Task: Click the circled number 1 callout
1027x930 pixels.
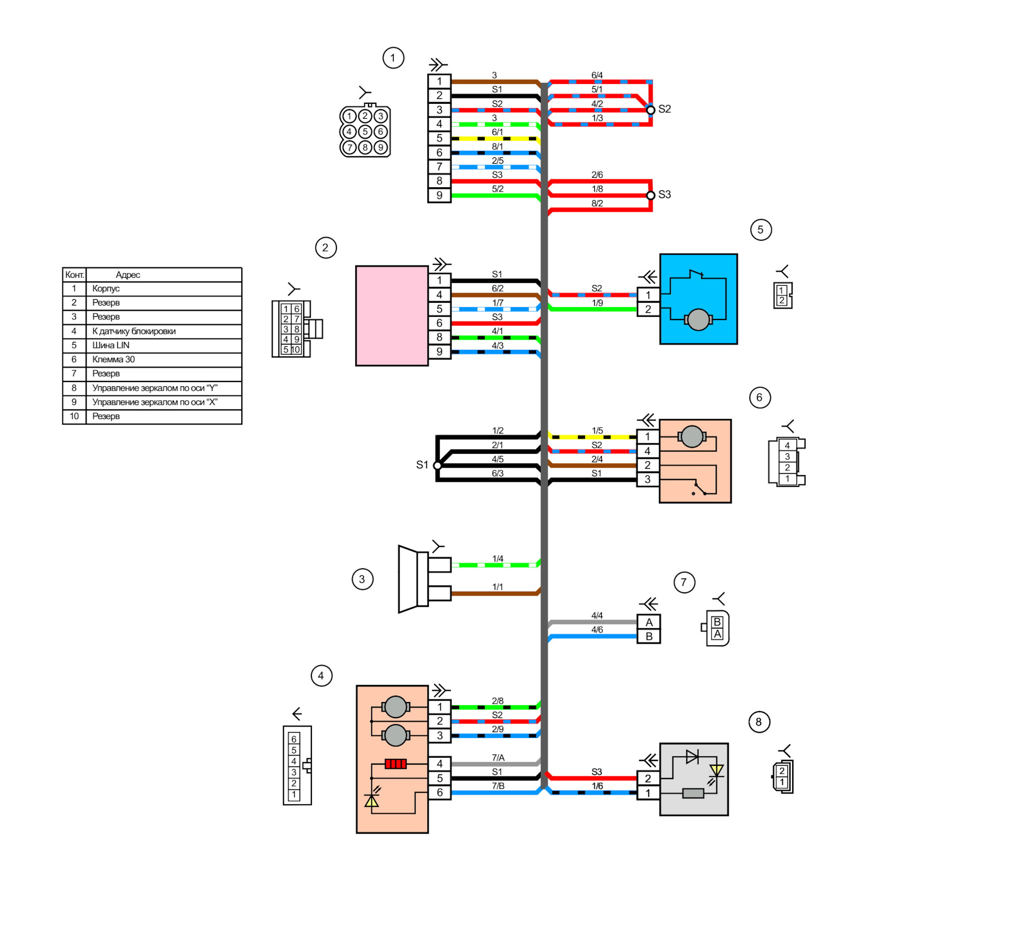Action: pos(393,58)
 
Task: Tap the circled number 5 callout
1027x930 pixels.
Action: pos(761,230)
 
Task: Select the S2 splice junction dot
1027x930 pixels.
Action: pos(650,110)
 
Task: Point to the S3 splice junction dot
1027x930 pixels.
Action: pos(650,195)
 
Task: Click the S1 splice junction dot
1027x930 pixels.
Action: pos(438,466)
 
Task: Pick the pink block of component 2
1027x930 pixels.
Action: pos(392,316)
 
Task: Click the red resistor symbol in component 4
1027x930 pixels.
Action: pos(396,764)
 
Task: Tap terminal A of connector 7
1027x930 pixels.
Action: pos(649,622)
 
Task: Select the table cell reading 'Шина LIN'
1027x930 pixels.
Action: pos(164,345)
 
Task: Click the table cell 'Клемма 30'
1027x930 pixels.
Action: pos(164,360)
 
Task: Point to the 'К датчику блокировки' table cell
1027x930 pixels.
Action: pos(164,331)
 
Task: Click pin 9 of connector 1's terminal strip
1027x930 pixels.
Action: pos(439,195)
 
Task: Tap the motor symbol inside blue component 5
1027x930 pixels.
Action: pos(698,320)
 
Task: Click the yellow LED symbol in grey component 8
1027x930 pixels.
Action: pos(716,771)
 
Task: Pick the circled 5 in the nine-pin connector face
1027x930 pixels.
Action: pos(365,132)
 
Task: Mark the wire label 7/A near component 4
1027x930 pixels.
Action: pos(498,758)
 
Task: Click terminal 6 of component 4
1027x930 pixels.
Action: pos(440,792)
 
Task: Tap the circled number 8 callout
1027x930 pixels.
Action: pos(758,722)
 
